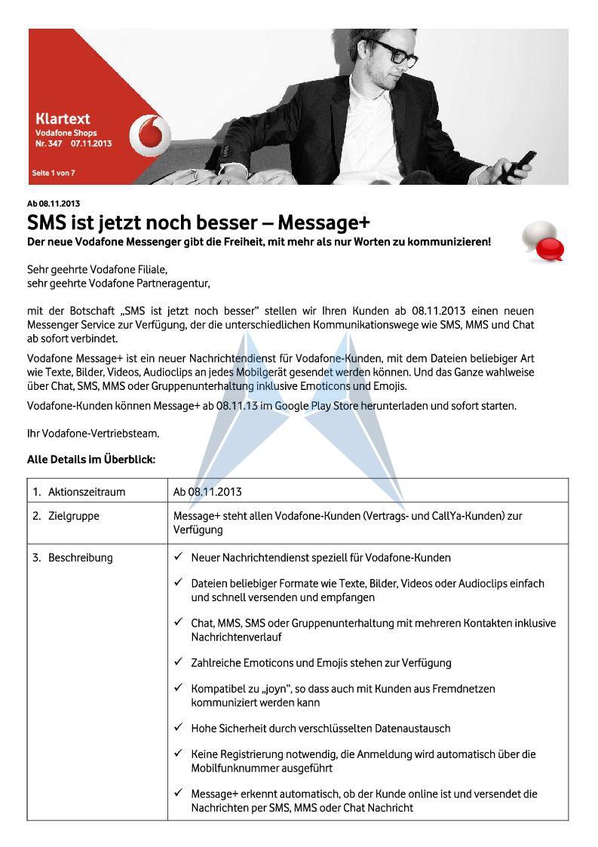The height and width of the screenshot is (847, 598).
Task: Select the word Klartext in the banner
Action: tap(63, 118)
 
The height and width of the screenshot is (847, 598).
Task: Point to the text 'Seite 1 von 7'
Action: tap(54, 173)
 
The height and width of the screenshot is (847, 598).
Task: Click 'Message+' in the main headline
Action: tap(324, 222)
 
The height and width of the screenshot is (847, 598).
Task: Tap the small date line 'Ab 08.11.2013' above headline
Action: tap(54, 204)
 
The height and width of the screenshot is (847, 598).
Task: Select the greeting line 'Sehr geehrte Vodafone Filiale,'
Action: tap(97, 269)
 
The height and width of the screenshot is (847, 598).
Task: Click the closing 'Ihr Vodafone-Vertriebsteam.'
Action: tap(94, 433)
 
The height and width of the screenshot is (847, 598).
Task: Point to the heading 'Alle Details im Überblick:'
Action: tap(91, 459)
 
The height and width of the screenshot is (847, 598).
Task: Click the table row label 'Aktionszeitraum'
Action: tap(87, 492)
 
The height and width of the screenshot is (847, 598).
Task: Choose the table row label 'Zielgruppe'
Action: tap(74, 517)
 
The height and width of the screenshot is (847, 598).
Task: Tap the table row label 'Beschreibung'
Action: tap(80, 558)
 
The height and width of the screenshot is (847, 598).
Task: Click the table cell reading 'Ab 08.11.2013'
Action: tap(207, 492)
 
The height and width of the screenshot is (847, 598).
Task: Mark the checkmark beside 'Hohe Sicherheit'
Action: tap(178, 728)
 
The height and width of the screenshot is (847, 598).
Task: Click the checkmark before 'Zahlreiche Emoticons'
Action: tap(178, 662)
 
